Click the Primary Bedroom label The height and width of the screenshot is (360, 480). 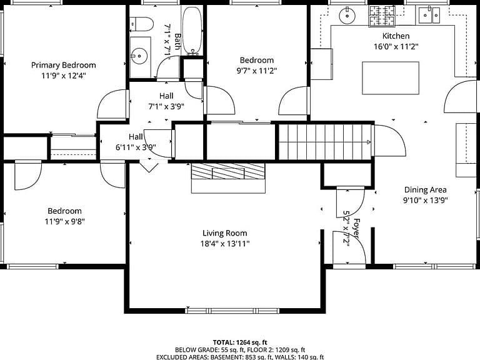(x=64, y=65)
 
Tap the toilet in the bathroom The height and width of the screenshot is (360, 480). (x=141, y=24)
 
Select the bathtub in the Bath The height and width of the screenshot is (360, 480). (x=192, y=31)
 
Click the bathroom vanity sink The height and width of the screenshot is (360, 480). (x=139, y=56)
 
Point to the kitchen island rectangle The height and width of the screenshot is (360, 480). (x=391, y=77)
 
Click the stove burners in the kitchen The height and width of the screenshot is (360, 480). (x=382, y=16)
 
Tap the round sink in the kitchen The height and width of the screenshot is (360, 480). (x=347, y=15)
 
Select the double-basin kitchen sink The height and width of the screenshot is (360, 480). (x=429, y=15)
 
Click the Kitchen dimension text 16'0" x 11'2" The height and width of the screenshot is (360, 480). (x=396, y=46)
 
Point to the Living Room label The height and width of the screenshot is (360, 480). (x=225, y=233)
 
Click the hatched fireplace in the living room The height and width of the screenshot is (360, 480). (x=227, y=171)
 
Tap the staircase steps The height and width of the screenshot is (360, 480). (x=325, y=142)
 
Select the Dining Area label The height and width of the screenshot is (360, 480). (x=425, y=190)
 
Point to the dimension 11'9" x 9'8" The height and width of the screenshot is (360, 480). (x=64, y=221)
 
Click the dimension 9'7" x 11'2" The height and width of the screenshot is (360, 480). (x=256, y=71)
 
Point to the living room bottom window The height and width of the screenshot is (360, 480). (x=232, y=311)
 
